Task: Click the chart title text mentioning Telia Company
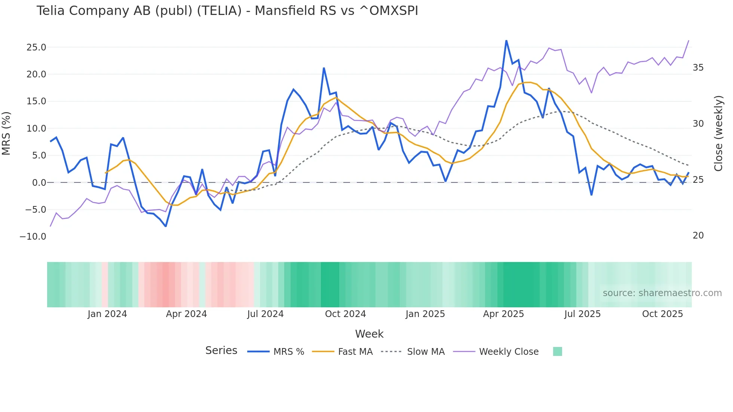pyautogui.click(x=227, y=11)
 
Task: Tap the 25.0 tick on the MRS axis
pyautogui.click(x=36, y=47)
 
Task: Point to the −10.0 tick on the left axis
pyautogui.click(x=33, y=237)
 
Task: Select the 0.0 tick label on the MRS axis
pyautogui.click(x=39, y=183)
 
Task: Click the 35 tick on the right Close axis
pyautogui.click(x=698, y=68)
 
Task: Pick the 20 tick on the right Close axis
pyautogui.click(x=698, y=236)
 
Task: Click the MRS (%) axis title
pyautogui.click(x=6, y=133)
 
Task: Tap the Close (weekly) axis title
pyautogui.click(x=718, y=133)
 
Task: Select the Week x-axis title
pyautogui.click(x=369, y=334)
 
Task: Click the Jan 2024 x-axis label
pyautogui.click(x=107, y=314)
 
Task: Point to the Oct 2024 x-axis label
pyautogui.click(x=345, y=314)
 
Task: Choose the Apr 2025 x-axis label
pyautogui.click(x=503, y=314)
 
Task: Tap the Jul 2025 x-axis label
pyautogui.click(x=582, y=314)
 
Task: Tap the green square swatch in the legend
pyautogui.click(x=557, y=351)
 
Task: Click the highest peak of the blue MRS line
pyautogui.click(x=506, y=41)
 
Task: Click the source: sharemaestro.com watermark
pyautogui.click(x=662, y=293)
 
